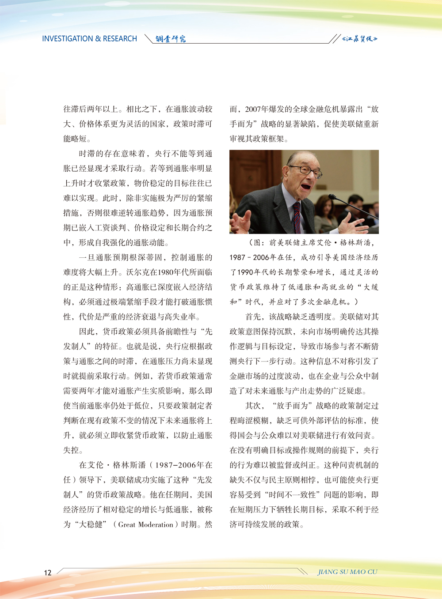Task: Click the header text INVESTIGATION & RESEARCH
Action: [89, 39]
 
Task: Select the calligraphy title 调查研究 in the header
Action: [171, 39]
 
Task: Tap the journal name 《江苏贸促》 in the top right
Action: [360, 39]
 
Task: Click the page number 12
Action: [48, 573]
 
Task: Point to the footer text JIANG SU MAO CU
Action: [347, 572]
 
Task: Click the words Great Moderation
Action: [145, 524]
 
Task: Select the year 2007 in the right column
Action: [253, 109]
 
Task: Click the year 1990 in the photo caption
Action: [246, 272]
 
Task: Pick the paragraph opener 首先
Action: [253, 317]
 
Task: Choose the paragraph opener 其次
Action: [253, 406]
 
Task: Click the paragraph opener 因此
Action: [87, 332]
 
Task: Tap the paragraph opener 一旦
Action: [87, 257]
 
